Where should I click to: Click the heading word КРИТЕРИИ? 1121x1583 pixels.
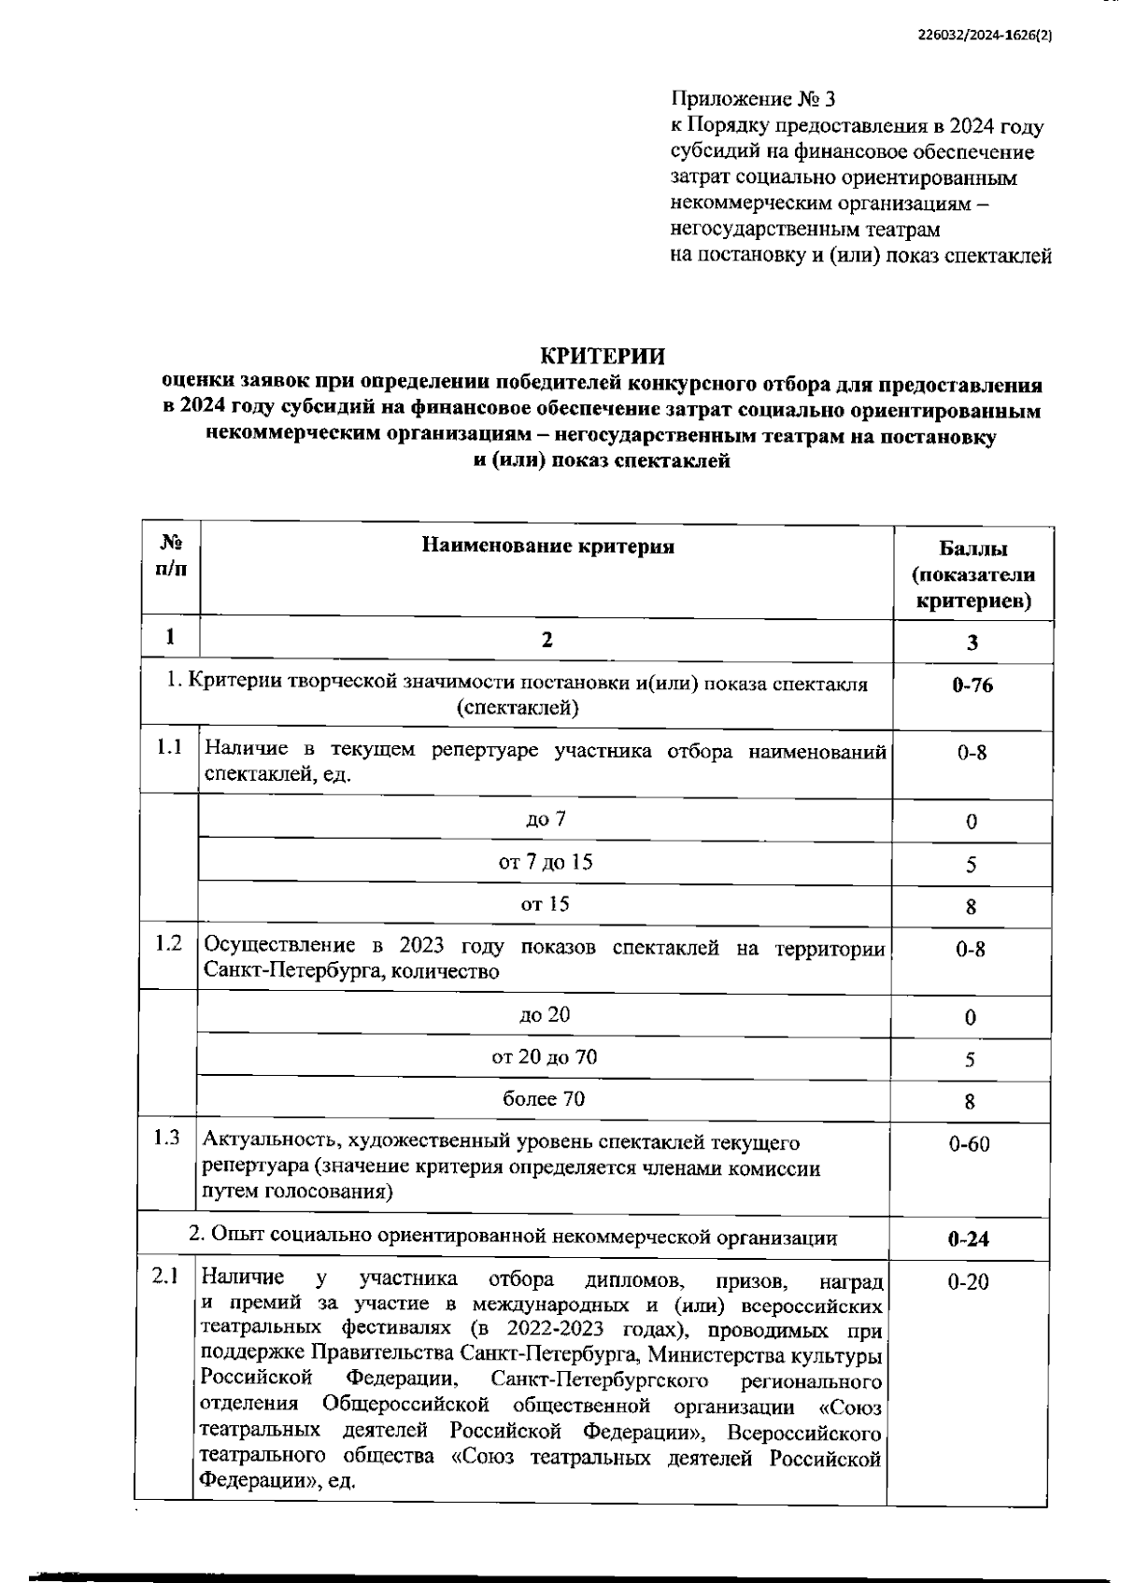[x=603, y=356]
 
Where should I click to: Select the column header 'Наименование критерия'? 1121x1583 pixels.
[x=547, y=546]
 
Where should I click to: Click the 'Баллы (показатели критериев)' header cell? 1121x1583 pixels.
[x=973, y=574]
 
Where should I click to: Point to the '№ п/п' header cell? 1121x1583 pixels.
[x=171, y=555]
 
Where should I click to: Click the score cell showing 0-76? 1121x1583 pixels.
[x=972, y=685]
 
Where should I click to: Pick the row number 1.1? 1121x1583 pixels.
[x=169, y=747]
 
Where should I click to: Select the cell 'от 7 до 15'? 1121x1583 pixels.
[x=546, y=861]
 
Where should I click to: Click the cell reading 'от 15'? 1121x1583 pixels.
[x=546, y=904]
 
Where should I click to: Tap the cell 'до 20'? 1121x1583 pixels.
[x=545, y=1014]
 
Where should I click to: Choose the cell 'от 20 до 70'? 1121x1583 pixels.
[x=545, y=1056]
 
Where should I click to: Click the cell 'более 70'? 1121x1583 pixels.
[x=545, y=1099]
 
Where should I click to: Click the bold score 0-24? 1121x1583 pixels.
[x=969, y=1239]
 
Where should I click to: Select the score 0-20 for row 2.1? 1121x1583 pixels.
[x=968, y=1283]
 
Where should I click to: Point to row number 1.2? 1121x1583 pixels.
[x=169, y=943]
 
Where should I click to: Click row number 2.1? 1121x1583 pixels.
[x=165, y=1277]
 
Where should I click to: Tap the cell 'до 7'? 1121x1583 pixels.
[x=546, y=819]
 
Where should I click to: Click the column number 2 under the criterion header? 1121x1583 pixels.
[x=547, y=640]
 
